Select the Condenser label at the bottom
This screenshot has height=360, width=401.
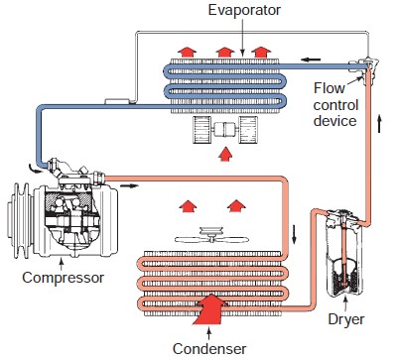pos(208,348)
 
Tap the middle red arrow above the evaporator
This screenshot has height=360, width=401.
pos(224,50)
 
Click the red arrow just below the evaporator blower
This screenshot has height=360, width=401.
pos(224,154)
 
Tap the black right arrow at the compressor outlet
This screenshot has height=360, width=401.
pos(132,184)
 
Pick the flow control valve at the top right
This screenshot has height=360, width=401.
pos(369,65)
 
